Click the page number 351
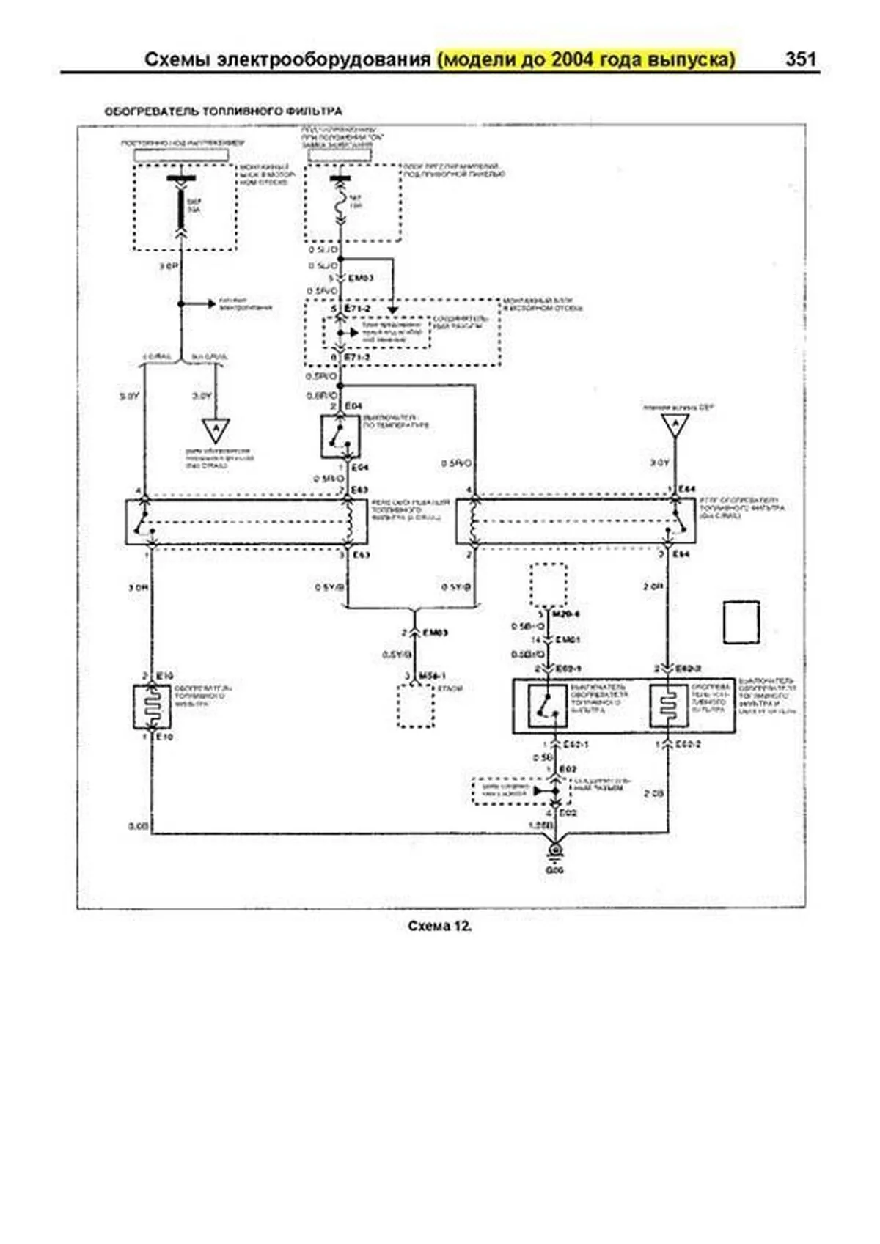800,59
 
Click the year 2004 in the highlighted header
573,59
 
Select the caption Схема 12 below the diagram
439,926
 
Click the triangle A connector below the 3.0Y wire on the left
216,429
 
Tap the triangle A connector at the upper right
675,424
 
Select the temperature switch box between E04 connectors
340,437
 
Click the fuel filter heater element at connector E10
152,707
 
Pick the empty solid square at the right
741,622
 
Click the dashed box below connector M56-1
416,705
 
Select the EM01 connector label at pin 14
568,640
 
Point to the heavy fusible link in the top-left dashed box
181,206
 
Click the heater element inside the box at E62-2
667,705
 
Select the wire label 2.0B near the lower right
653,794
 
